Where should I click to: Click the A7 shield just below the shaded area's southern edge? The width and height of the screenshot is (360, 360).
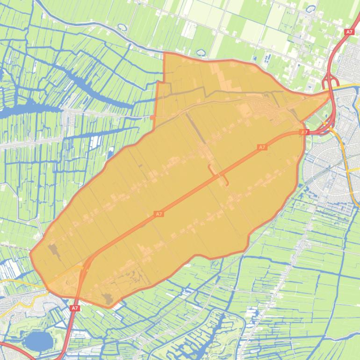coord(74,308)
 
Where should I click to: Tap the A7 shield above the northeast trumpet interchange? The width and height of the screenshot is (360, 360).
coord(349,32)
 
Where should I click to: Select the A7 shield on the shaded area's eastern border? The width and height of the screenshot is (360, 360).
coord(304,132)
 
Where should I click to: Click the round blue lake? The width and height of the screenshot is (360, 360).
coord(37,341)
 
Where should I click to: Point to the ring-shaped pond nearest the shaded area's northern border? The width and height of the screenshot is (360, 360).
coord(201,52)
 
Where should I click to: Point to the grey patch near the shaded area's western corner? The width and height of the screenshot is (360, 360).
coord(52,250)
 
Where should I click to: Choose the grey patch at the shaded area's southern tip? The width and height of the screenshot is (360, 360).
coord(108,299)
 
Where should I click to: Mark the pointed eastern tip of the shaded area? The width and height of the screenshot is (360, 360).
coord(330,93)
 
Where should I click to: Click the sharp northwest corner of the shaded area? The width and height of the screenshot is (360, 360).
coord(165,53)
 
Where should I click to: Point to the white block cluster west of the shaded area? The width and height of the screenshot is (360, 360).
coord(96,140)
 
